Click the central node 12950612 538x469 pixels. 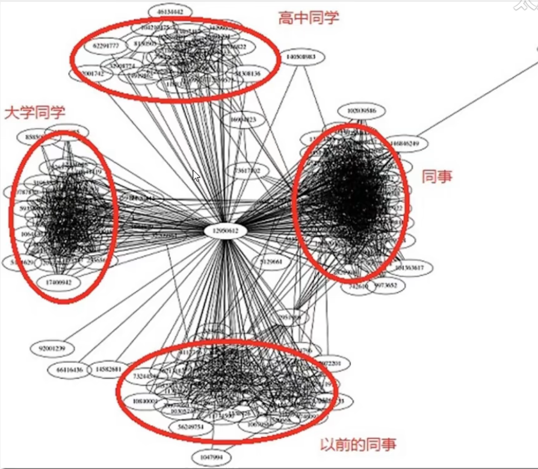tap(226, 231)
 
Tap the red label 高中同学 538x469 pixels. tap(309, 18)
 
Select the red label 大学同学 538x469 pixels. tap(35, 112)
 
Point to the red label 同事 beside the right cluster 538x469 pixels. tap(437, 176)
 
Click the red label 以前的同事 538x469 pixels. tap(358, 446)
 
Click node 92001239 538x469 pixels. tap(51, 348)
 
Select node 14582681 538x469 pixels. tap(109, 369)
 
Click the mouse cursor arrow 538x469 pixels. tap(196, 176)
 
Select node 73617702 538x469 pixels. tap(247, 171)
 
